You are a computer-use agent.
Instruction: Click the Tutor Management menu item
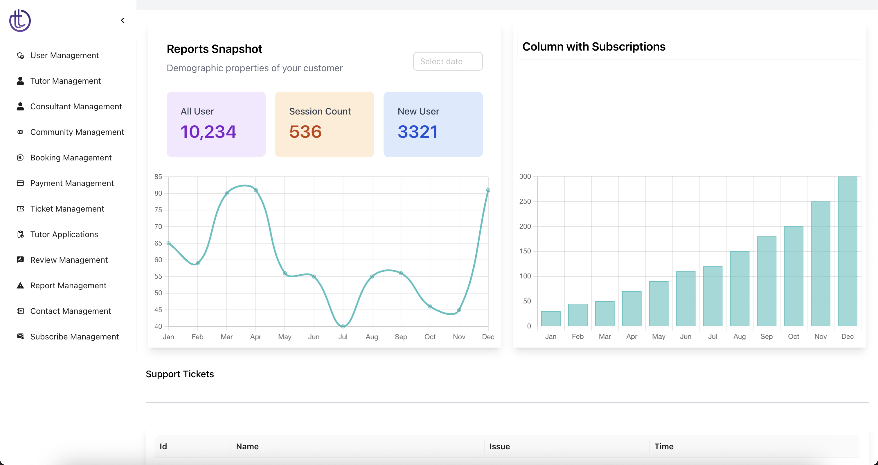tap(65, 81)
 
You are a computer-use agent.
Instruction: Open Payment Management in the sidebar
tap(72, 183)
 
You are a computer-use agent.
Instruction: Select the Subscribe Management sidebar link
tap(74, 337)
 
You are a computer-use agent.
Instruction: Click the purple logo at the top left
tap(20, 20)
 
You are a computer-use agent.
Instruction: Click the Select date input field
tap(447, 61)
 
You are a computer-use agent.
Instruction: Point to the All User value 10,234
tap(208, 132)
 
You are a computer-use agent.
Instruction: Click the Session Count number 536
tap(305, 132)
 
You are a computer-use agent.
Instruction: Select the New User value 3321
tap(418, 132)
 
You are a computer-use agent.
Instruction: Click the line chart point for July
tap(343, 326)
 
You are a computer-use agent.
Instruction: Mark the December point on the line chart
tap(488, 190)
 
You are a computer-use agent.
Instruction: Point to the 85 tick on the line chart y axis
tap(158, 177)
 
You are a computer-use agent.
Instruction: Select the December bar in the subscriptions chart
tap(847, 251)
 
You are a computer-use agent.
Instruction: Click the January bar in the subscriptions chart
tap(551, 319)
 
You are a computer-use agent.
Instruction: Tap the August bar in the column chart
tap(740, 289)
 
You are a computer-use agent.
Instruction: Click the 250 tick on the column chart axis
tap(525, 201)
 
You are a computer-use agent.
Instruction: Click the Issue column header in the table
tap(499, 447)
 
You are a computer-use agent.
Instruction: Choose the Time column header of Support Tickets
tap(664, 447)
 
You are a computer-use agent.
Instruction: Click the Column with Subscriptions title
tap(594, 47)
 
